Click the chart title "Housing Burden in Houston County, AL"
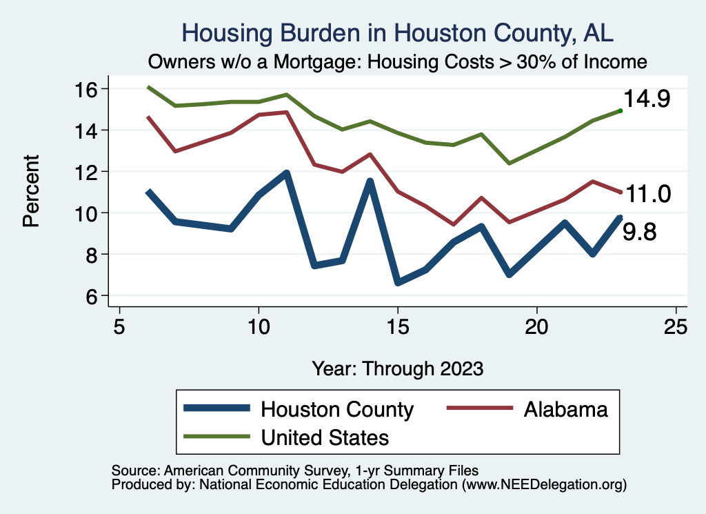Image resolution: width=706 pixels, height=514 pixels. (396, 32)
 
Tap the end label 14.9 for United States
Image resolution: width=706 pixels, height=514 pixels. (647, 99)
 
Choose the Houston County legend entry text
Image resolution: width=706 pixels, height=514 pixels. (336, 409)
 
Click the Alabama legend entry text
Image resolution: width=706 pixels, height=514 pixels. (565, 409)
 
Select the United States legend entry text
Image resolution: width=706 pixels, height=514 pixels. (324, 437)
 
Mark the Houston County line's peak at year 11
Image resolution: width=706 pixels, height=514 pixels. (286, 173)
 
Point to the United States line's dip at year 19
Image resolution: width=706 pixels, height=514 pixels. (509, 164)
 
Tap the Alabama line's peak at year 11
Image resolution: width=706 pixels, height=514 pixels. (286, 112)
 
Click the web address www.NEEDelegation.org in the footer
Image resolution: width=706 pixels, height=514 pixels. (545, 485)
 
